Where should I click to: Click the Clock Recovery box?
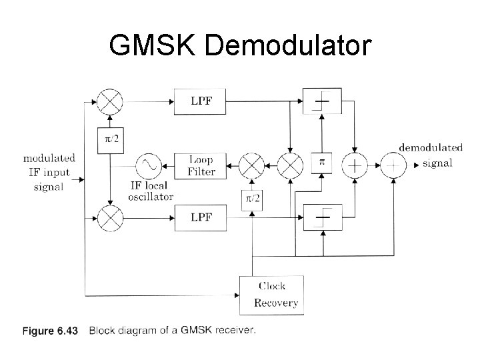click(x=271, y=294)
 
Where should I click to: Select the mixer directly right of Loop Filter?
click(x=252, y=164)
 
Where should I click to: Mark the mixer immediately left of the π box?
click(x=290, y=164)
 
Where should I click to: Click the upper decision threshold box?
click(x=322, y=101)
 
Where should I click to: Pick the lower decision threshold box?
click(x=322, y=217)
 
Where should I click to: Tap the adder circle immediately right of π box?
click(x=355, y=164)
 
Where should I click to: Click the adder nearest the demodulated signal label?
click(x=393, y=164)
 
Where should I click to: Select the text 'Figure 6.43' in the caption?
click(x=51, y=330)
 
